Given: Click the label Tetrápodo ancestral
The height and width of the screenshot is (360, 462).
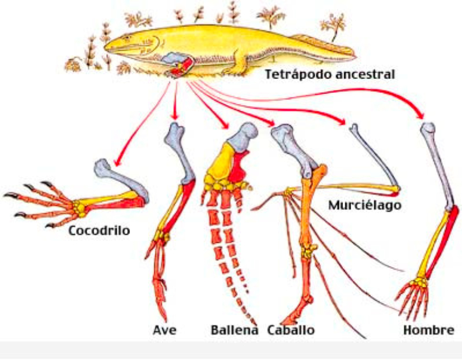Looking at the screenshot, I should click(330, 74).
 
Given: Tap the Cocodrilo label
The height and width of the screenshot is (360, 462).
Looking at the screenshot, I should click(99, 231).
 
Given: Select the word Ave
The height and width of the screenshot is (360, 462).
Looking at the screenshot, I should click(165, 331).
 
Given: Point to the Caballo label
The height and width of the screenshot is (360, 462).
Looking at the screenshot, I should click(291, 331).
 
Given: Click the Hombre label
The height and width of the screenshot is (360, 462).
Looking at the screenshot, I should click(429, 331).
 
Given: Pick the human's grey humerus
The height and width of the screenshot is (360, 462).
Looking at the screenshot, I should click(439, 167).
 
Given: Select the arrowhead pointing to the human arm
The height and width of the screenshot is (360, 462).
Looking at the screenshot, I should click(421, 114).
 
